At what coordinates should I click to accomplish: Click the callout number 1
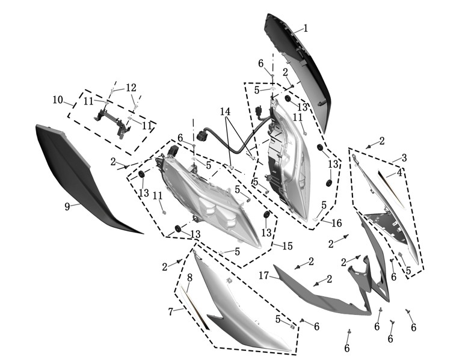point(306,28)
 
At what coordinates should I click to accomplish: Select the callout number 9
point(67,207)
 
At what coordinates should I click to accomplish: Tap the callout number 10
point(58,100)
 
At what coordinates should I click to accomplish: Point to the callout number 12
point(131,88)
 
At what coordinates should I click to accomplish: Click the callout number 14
point(225,112)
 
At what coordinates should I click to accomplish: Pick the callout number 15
point(288,246)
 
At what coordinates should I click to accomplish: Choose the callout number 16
point(336,223)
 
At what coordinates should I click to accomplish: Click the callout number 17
point(263,275)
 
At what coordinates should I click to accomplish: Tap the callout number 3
point(404,157)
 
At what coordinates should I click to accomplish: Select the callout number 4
point(399,173)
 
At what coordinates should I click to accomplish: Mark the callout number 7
point(171,311)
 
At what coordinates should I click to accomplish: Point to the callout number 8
point(189,278)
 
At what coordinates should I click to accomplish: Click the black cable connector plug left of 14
point(201,135)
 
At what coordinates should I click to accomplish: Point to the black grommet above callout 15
point(266,215)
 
